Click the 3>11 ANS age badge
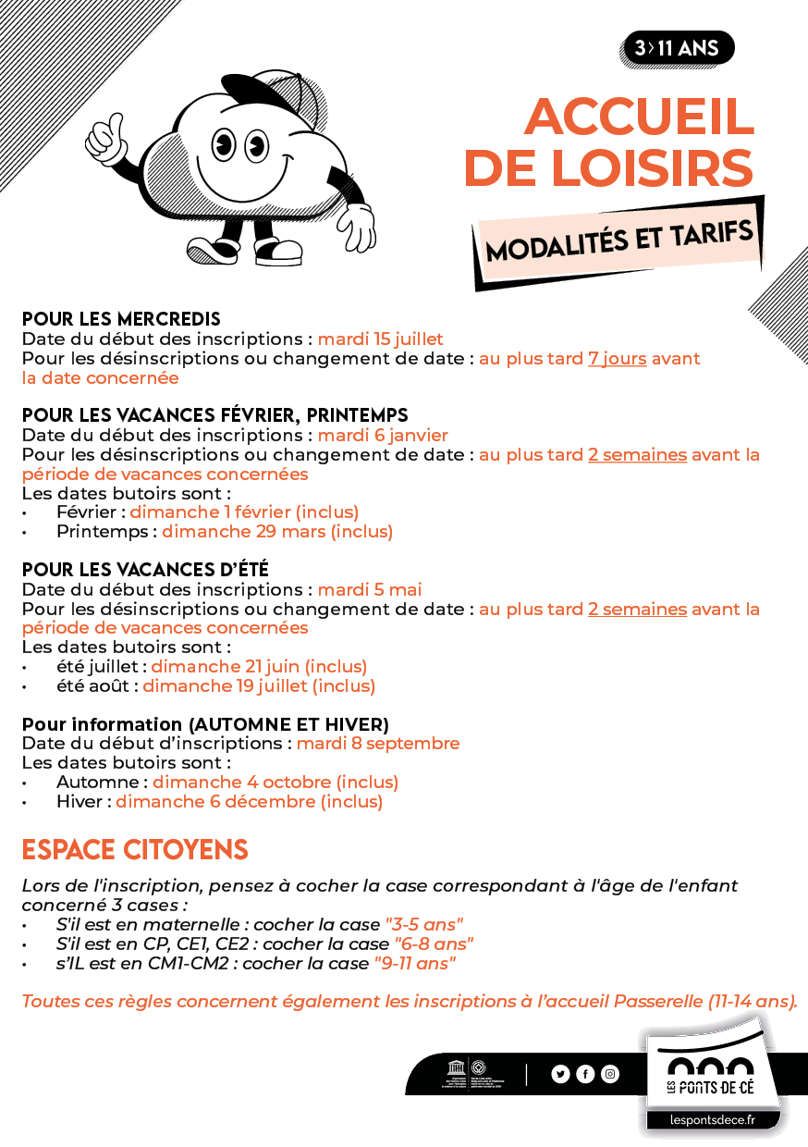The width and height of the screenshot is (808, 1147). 678,48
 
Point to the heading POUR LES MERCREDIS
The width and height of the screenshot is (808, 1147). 121,319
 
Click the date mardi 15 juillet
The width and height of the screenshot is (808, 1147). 380,339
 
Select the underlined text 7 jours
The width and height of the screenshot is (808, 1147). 617,358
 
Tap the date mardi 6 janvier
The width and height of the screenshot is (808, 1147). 383,435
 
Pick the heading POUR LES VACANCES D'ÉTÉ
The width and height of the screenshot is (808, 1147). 145,569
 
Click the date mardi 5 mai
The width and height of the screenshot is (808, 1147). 370,589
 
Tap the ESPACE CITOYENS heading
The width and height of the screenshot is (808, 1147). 135,849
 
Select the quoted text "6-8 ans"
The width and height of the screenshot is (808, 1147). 435,943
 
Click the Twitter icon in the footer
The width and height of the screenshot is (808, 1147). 560,1074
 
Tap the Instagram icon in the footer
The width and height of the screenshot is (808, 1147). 610,1074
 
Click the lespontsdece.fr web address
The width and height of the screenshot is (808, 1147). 712,1120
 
